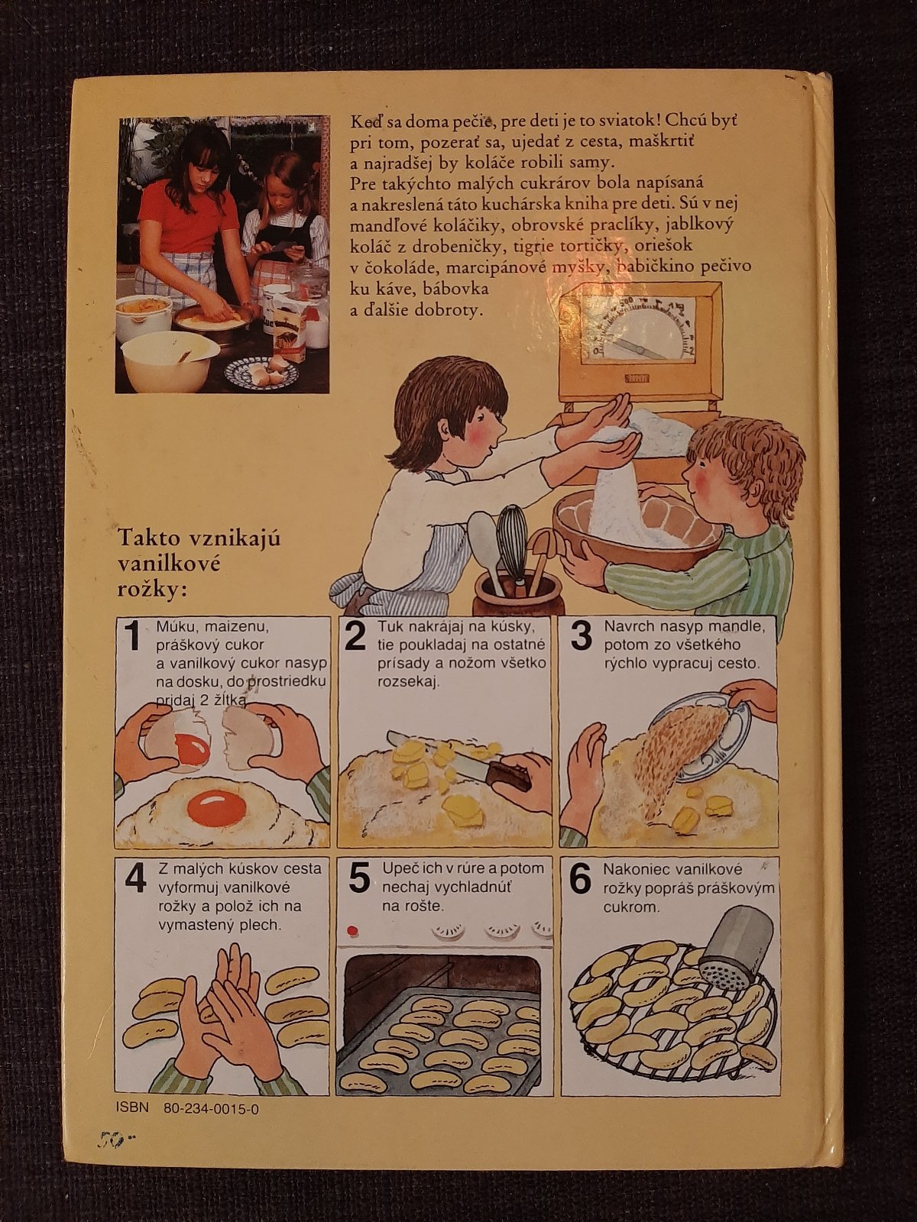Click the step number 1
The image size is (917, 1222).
(x=132, y=635)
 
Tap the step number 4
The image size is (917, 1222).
(x=135, y=879)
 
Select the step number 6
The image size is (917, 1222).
(x=581, y=879)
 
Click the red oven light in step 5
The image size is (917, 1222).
(x=352, y=929)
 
